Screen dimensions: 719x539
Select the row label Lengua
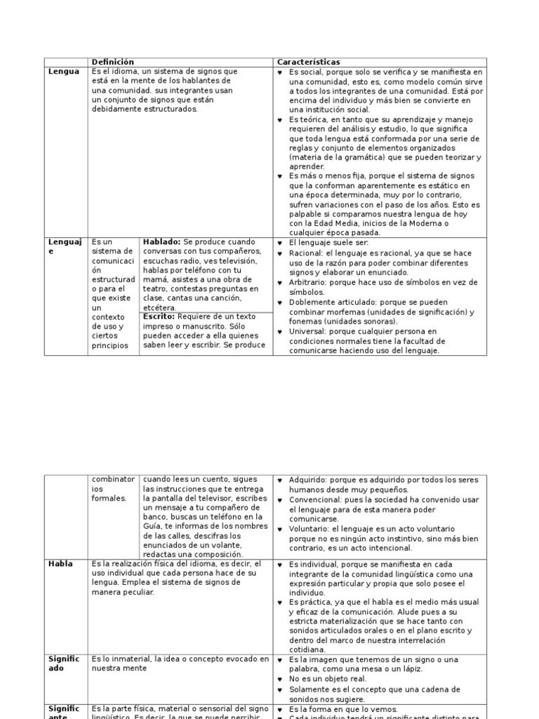tap(63, 72)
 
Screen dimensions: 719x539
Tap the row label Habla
tap(60, 564)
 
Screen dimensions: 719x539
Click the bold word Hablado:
tap(161, 242)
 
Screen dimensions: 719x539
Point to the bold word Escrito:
tap(159, 316)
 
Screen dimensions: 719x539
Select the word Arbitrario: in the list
tap(309, 282)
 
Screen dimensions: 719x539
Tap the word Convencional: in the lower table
tap(314, 499)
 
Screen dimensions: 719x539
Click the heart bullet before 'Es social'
tap(280, 72)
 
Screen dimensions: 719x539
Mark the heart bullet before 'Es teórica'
tap(280, 121)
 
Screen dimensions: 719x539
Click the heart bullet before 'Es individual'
tap(280, 565)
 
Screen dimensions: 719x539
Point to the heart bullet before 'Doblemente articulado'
tap(280, 303)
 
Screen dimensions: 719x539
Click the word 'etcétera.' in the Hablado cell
tap(160, 308)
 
